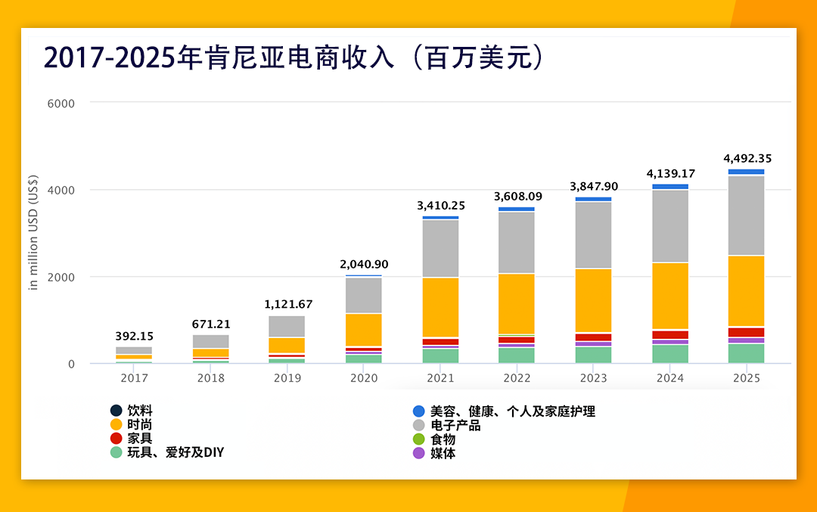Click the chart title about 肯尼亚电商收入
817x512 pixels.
click(x=294, y=58)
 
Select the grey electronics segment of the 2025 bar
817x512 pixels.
click(x=747, y=216)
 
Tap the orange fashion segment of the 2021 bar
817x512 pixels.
click(x=440, y=307)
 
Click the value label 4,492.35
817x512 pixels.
click(x=747, y=159)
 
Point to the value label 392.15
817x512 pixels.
click(x=134, y=336)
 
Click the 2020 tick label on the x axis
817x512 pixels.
click(x=364, y=378)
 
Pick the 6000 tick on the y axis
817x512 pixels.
click(x=61, y=103)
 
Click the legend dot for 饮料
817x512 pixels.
click(x=116, y=411)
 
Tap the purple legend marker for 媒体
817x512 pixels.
click(x=418, y=453)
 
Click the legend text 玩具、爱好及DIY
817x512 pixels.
click(x=176, y=453)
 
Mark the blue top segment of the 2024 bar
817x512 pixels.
click(x=670, y=186)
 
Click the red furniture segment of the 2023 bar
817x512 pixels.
click(x=593, y=337)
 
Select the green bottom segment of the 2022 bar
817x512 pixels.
click(x=517, y=355)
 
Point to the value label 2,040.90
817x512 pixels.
click(x=364, y=265)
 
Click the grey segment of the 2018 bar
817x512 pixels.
click(x=211, y=341)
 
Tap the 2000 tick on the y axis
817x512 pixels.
click(x=61, y=278)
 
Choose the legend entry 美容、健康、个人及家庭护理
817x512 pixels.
click(x=513, y=411)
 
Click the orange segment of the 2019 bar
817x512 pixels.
click(x=287, y=345)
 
